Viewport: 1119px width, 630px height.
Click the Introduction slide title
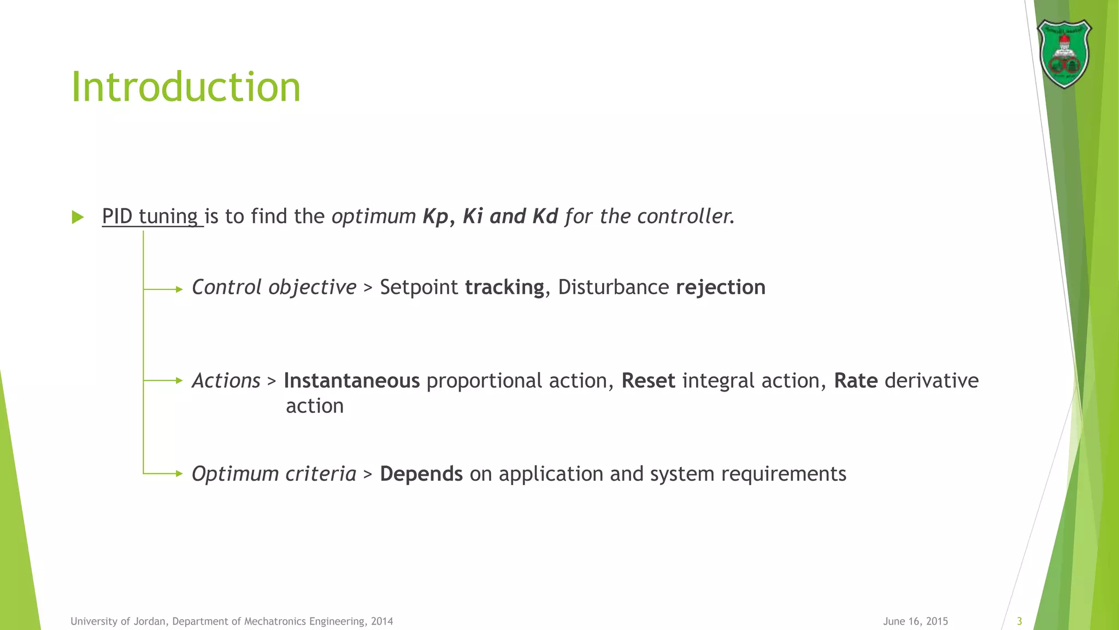tap(186, 87)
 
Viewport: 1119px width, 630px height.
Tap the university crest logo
tap(1063, 54)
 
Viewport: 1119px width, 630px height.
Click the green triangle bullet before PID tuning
tap(78, 217)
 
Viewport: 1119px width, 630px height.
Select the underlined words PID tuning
tap(150, 217)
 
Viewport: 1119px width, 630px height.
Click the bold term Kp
tap(435, 217)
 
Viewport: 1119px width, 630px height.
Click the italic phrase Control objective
tap(274, 288)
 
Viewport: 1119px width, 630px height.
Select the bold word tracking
tap(504, 288)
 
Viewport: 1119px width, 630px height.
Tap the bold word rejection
tap(720, 288)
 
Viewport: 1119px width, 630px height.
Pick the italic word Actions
tap(226, 381)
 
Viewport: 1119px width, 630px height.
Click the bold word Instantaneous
tap(351, 381)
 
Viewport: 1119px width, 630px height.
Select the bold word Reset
tap(648, 381)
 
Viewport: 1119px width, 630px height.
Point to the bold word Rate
tap(856, 381)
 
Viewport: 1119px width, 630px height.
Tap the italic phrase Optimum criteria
tap(274, 474)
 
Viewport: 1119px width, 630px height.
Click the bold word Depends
tap(421, 474)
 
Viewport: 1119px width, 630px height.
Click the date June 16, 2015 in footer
tap(915, 621)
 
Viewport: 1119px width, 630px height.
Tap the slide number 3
tap(1019, 621)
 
